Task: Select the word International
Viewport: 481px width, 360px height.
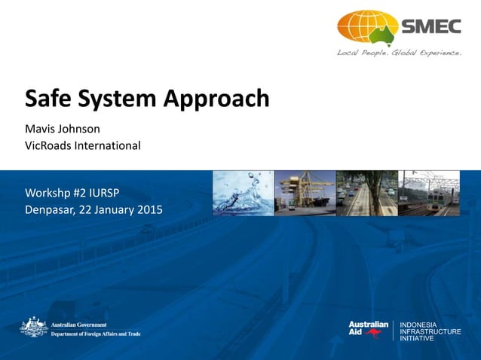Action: (x=109, y=145)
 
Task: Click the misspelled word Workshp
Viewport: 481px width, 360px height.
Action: (x=52, y=192)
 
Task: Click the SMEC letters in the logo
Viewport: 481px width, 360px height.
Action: (x=430, y=27)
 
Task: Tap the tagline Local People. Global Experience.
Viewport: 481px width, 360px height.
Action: (x=399, y=53)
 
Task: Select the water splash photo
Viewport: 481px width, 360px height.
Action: (x=242, y=194)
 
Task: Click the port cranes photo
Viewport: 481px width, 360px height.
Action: (x=304, y=194)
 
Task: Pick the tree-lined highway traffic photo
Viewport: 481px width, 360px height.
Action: (x=366, y=194)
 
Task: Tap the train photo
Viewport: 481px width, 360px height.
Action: (x=428, y=194)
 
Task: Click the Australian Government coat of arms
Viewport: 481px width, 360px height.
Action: (x=34, y=327)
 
